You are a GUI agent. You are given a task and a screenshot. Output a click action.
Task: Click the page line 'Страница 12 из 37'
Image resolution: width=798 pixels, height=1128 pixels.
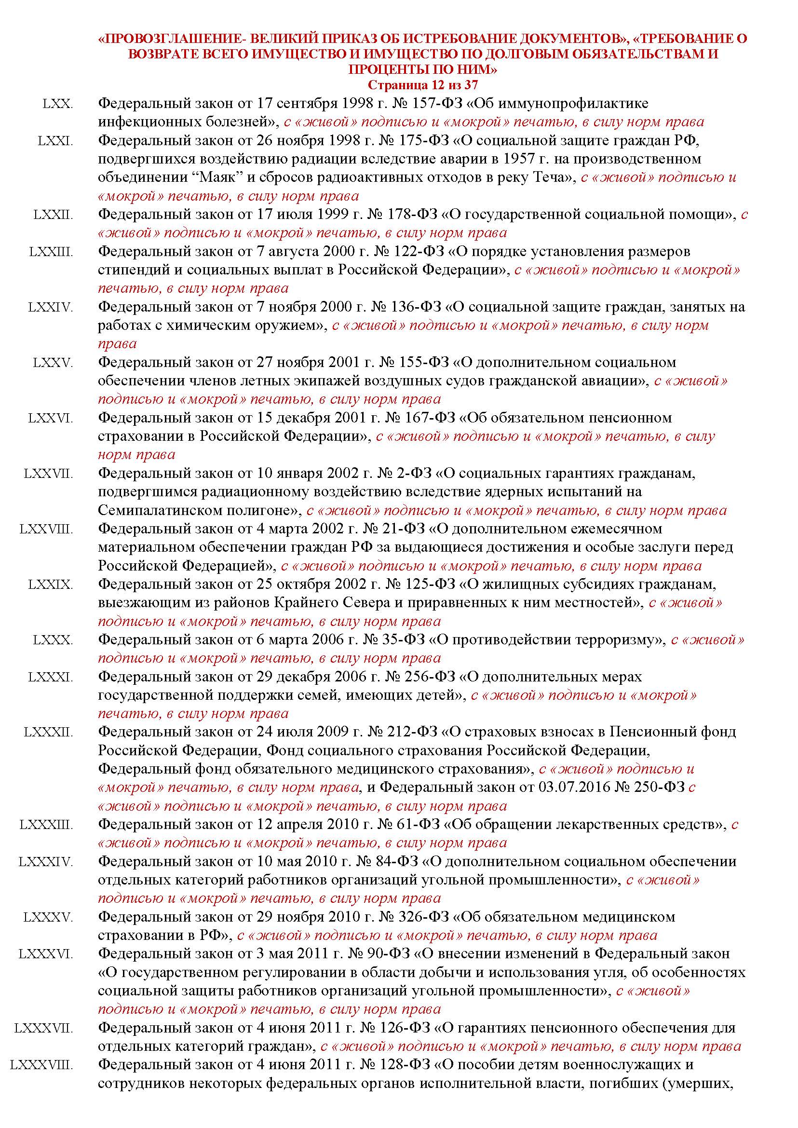(x=422, y=84)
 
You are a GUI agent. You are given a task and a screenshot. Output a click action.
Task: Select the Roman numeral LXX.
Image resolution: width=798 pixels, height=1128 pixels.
(x=57, y=104)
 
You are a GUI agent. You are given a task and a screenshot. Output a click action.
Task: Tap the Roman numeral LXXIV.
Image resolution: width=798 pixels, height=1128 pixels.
(x=51, y=307)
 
